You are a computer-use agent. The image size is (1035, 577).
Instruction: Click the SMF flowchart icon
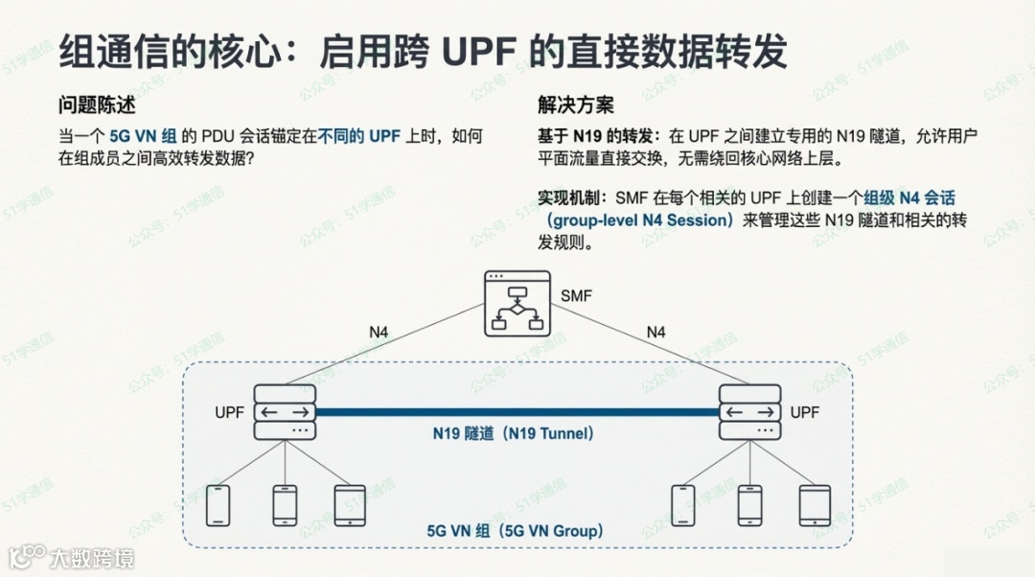tap(517, 302)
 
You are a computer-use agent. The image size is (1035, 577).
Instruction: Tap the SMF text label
tap(576, 296)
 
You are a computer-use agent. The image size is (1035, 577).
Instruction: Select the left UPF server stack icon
tap(285, 412)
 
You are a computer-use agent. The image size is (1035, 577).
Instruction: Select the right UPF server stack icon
tap(750, 412)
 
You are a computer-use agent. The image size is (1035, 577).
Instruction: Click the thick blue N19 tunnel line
tap(517, 413)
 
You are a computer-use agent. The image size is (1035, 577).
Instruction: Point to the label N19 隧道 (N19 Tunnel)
tap(514, 433)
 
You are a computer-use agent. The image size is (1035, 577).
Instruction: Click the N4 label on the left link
tap(379, 333)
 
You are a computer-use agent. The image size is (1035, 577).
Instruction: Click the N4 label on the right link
tap(655, 333)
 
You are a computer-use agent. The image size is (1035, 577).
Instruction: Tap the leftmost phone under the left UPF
tap(218, 505)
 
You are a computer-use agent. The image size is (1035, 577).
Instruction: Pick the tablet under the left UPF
tap(351, 505)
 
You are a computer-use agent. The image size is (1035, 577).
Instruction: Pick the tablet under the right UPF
tap(815, 505)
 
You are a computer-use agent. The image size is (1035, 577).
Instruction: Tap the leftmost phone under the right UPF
tap(683, 505)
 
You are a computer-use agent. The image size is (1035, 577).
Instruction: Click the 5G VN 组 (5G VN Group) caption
tap(515, 530)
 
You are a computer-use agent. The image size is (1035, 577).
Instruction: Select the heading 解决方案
tap(576, 105)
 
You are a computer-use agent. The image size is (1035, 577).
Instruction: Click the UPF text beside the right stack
tap(804, 412)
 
